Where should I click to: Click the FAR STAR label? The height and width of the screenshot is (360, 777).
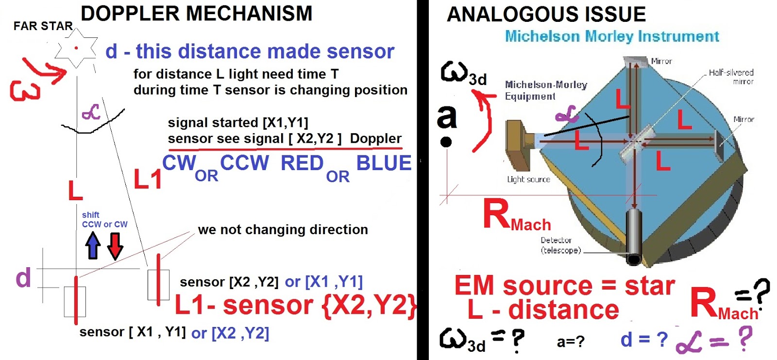43,26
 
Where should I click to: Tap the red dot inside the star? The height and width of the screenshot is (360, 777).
76,48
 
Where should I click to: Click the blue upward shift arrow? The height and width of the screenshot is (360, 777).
93,245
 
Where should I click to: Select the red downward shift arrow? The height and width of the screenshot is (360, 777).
115,245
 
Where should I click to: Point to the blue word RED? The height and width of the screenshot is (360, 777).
302,163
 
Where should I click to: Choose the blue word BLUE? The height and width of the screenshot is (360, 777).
384,163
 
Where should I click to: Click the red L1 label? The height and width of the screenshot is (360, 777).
148,180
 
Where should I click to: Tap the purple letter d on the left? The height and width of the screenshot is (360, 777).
23,278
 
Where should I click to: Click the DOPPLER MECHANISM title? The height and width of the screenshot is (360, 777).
196,14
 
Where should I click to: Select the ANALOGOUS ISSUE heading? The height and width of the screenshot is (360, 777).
546,14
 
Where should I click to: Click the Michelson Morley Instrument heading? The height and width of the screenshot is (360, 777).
612,36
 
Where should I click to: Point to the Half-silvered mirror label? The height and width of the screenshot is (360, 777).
731,77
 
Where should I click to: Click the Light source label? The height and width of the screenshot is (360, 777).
528,179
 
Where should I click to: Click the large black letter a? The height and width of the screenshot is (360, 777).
447,117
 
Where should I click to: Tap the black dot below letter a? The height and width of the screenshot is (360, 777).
446,142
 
